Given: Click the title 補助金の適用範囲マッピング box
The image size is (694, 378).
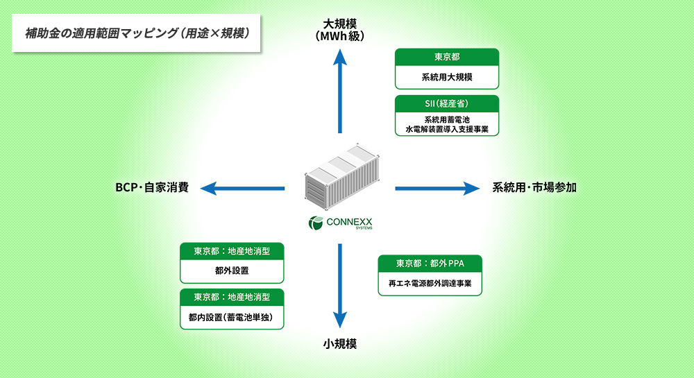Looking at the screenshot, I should [137, 32].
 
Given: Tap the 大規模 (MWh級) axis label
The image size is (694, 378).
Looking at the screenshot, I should [339, 28].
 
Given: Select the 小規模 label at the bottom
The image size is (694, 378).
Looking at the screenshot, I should [339, 343].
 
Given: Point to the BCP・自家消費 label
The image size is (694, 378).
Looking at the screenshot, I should [152, 187].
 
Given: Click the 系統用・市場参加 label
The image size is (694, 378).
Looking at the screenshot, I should [534, 187].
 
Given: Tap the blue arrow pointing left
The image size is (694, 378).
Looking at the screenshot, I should [243, 187].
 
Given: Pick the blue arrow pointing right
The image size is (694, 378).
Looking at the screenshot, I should [437, 187].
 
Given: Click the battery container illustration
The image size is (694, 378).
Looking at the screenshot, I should [339, 177].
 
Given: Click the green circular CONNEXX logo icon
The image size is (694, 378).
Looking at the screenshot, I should [315, 223].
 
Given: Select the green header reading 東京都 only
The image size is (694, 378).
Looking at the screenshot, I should [447, 57].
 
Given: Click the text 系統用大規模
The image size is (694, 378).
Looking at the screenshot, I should [447, 77].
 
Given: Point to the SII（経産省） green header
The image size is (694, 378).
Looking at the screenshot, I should [447, 103].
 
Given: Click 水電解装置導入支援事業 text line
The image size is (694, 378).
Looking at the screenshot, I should [447, 129].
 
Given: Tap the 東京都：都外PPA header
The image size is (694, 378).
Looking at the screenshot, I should [430, 263].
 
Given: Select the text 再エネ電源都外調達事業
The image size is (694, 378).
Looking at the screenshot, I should [430, 283].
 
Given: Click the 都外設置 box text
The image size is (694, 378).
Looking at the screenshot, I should [232, 270].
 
